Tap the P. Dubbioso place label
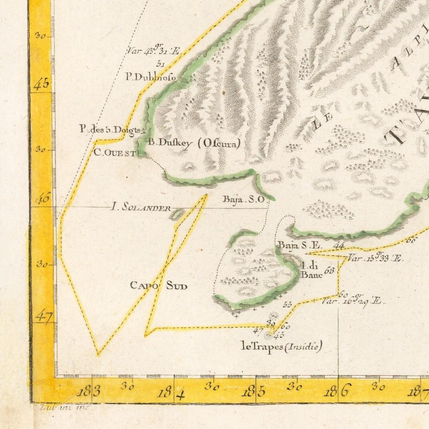pos(151,77)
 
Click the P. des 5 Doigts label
pos(110,130)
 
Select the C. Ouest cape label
pos(115,153)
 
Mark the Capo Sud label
pos(159,285)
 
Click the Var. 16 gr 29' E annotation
pos(353,301)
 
